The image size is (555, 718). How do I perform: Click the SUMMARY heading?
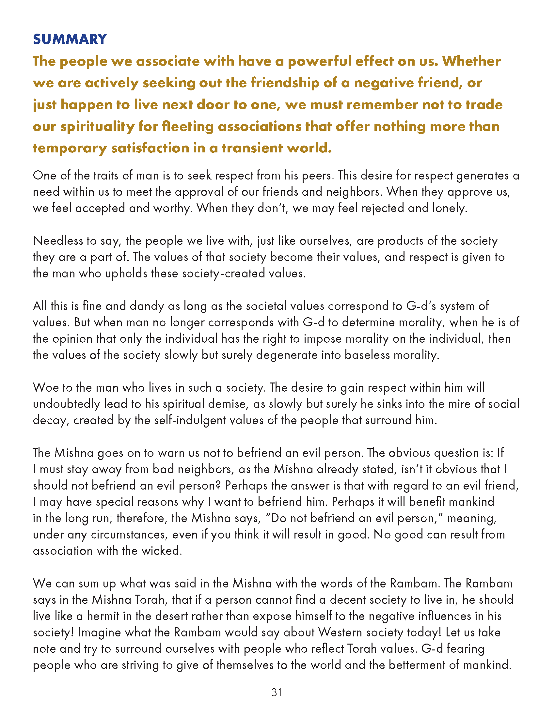[x=70, y=39]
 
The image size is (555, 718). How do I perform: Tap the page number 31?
[x=277, y=692]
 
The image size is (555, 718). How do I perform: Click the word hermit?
[x=103, y=616]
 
